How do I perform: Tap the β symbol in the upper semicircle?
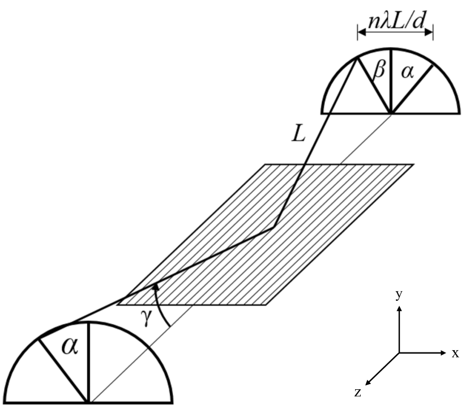click(x=379, y=71)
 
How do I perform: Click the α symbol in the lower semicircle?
click(x=69, y=347)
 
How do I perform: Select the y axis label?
click(x=399, y=295)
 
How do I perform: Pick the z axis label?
click(x=358, y=392)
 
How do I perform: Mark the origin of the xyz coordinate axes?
click(x=399, y=353)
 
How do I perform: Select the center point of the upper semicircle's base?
click(x=390, y=113)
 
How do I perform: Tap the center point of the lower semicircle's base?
click(x=88, y=402)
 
